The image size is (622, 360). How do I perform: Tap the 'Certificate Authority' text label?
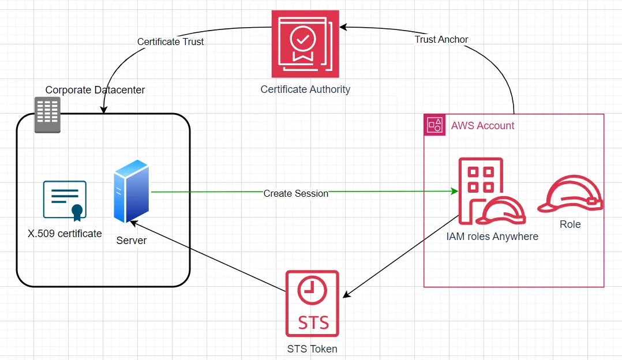pyautogui.click(x=305, y=89)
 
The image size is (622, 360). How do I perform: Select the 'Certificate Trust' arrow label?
pyautogui.click(x=170, y=42)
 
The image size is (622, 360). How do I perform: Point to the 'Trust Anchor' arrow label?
pyautogui.click(x=441, y=39)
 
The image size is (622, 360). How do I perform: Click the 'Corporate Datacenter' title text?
pyautogui.click(x=95, y=90)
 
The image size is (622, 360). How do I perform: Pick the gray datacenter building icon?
pyautogui.click(x=47, y=114)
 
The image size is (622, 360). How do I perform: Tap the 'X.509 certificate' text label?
pyautogui.click(x=65, y=234)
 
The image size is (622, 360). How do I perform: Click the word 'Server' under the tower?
pyautogui.click(x=132, y=241)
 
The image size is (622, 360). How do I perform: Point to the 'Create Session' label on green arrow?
pyautogui.click(x=295, y=193)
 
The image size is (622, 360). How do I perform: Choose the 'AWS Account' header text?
pyautogui.click(x=482, y=126)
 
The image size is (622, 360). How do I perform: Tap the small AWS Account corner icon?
pyautogui.click(x=434, y=125)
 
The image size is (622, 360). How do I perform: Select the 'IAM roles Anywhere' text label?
pyautogui.click(x=492, y=237)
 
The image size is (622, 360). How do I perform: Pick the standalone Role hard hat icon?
pyautogui.click(x=570, y=195)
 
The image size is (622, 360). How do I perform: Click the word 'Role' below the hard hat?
pyautogui.click(x=570, y=224)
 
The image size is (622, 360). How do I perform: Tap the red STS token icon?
pyautogui.click(x=312, y=303)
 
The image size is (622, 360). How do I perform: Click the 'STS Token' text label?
pyautogui.click(x=312, y=348)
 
